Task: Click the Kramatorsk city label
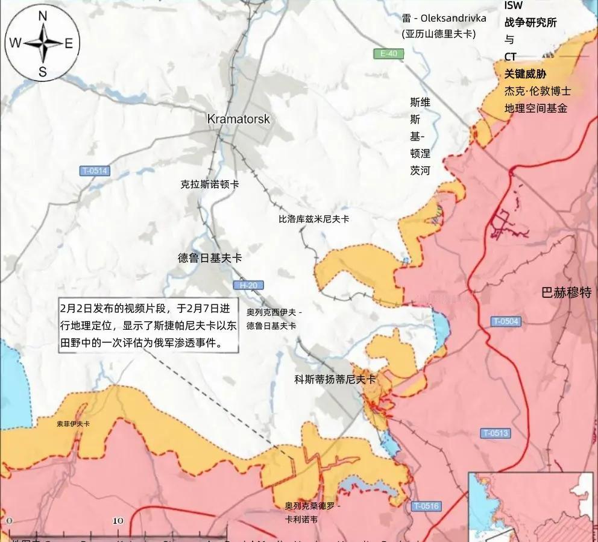pyautogui.click(x=238, y=119)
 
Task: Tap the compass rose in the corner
pyautogui.click(x=43, y=43)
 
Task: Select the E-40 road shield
pyautogui.click(x=388, y=54)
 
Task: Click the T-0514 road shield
pyautogui.click(x=95, y=171)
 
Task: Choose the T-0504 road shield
pyautogui.click(x=505, y=321)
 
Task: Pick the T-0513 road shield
pyautogui.click(x=496, y=433)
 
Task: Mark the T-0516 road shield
pyautogui.click(x=426, y=506)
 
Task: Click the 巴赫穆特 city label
pyautogui.click(x=566, y=293)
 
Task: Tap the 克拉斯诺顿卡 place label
pyautogui.click(x=209, y=184)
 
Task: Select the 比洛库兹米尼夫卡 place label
pyautogui.click(x=313, y=219)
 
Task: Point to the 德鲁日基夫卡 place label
pyautogui.click(x=210, y=258)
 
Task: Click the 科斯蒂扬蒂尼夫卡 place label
pyautogui.click(x=335, y=379)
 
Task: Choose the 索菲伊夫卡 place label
pyautogui.click(x=73, y=424)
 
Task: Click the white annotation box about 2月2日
pyautogui.click(x=148, y=326)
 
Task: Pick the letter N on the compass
pyautogui.click(x=43, y=17)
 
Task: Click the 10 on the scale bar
pyautogui.click(x=118, y=520)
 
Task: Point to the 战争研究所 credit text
pyautogui.click(x=530, y=23)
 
